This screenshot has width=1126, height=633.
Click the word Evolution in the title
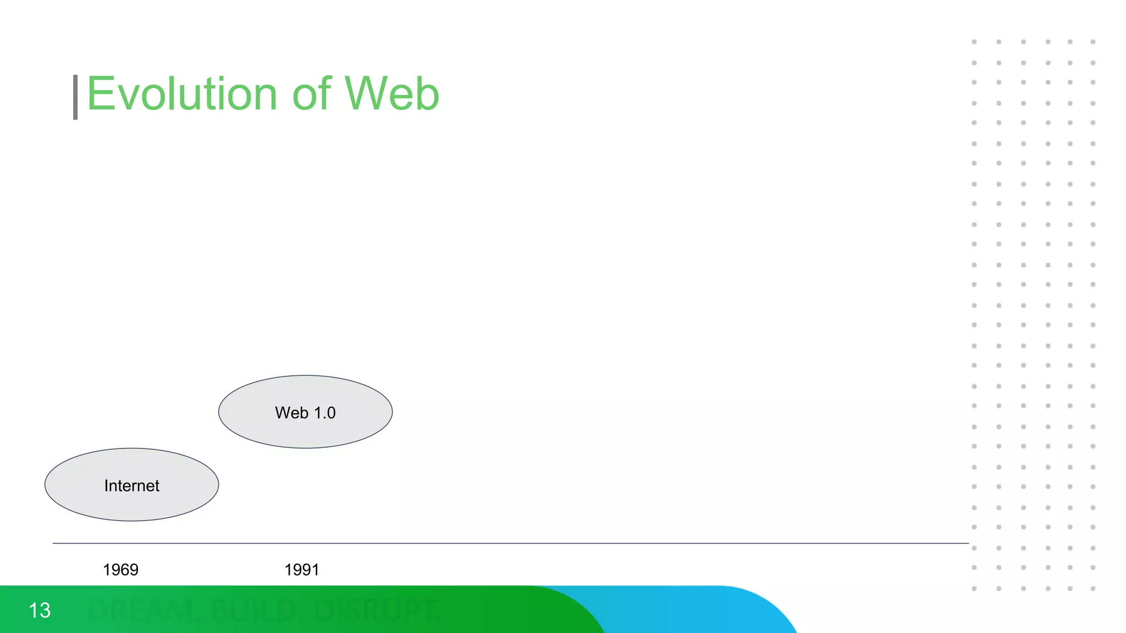(181, 94)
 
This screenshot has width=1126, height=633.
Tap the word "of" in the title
(312, 94)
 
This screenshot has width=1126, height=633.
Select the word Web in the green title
(392, 94)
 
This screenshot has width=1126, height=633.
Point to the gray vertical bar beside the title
(75, 97)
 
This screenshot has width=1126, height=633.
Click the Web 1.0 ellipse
(305, 412)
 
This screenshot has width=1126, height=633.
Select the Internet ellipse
(132, 485)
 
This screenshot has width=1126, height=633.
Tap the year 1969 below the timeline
(120, 570)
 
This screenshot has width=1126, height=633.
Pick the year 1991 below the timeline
(301, 570)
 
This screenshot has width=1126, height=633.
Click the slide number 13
(40, 610)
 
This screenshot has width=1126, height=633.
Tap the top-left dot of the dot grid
(974, 42)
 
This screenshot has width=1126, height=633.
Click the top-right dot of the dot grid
(1093, 42)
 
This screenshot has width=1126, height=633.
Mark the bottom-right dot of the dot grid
(1093, 588)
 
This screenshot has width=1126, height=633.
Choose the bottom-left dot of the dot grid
(974, 588)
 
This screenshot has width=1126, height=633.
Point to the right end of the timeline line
(967, 543)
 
